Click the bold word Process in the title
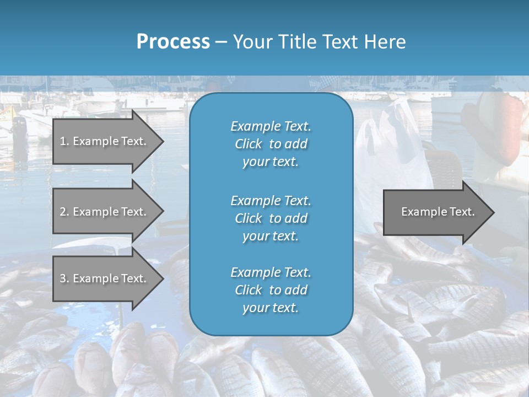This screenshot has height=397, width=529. click(173, 42)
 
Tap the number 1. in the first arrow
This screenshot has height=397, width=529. click(64, 141)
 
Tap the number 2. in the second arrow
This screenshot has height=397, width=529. click(64, 212)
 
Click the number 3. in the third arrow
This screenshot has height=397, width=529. click(64, 278)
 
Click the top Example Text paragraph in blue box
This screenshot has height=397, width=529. click(271, 144)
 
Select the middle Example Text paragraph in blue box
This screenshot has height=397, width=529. click(271, 218)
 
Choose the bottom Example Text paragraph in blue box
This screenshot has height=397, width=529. click(271, 290)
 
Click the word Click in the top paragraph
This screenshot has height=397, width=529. click(248, 144)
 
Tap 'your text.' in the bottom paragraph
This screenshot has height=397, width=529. click(271, 308)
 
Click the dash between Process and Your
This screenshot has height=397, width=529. click(221, 42)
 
